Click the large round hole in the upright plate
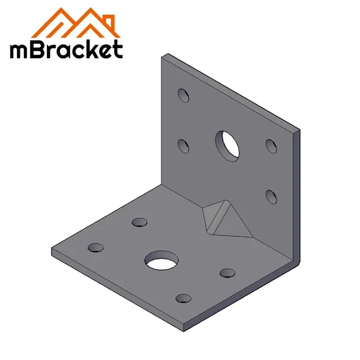(x=227, y=145)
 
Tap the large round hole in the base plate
(x=162, y=260)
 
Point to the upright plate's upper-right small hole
(x=271, y=145)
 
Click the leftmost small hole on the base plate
(x=95, y=247)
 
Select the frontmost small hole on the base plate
(x=182, y=297)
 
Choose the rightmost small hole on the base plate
(x=227, y=273)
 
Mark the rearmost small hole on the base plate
(x=139, y=223)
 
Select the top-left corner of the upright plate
(x=163, y=55)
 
